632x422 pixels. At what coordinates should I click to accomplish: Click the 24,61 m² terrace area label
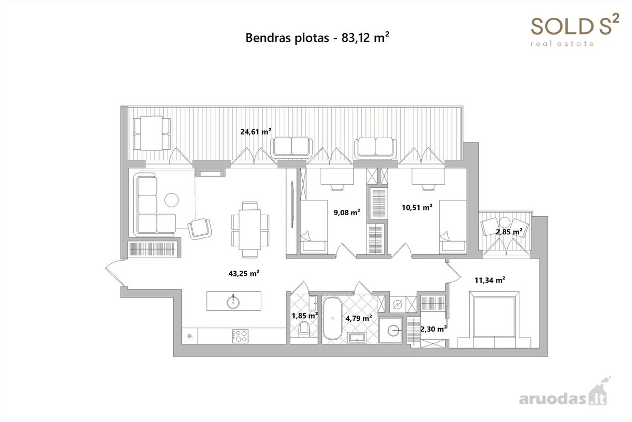click(x=255, y=132)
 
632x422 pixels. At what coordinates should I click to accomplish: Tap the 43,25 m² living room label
click(x=244, y=273)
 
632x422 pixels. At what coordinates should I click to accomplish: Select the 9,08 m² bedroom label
click(x=347, y=212)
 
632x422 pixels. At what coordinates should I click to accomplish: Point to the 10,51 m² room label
click(x=417, y=207)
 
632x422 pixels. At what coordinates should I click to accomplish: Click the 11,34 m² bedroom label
click(x=490, y=280)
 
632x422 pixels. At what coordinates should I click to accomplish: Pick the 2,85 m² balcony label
click(x=509, y=232)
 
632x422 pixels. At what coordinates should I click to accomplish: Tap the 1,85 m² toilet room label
click(x=305, y=315)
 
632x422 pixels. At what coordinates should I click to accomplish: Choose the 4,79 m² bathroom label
click(x=359, y=318)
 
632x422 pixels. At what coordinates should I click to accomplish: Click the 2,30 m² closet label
click(x=433, y=329)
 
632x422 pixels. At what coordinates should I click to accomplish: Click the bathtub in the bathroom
click(x=333, y=318)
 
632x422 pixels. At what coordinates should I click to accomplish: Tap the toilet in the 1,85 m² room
click(x=304, y=329)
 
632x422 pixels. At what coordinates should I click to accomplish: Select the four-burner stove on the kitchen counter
click(x=240, y=336)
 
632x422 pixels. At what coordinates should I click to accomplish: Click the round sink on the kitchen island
click(x=233, y=302)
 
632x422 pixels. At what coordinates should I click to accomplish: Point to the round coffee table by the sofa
click(x=172, y=200)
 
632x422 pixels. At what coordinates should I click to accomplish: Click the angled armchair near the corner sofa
click(x=200, y=228)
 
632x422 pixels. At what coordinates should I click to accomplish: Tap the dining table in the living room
click(x=250, y=229)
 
